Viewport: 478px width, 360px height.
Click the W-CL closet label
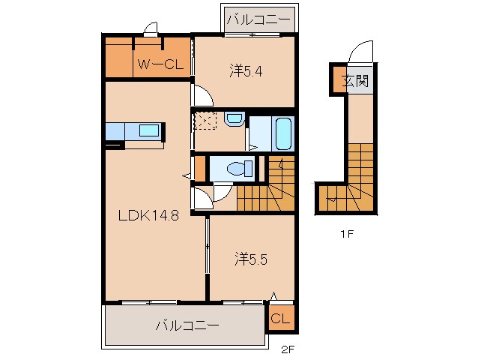click(159, 64)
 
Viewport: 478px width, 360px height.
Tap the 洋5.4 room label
click(245, 72)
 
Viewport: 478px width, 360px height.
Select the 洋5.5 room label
click(250, 259)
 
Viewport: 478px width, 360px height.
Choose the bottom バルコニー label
click(187, 326)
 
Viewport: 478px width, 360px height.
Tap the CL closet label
click(281, 319)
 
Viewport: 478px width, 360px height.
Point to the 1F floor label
click(345, 233)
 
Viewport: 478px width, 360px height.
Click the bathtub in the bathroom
click(283, 133)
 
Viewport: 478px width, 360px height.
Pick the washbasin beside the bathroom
click(234, 118)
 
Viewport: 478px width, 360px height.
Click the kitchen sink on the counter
click(149, 130)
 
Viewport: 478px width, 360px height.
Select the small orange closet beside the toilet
click(200, 169)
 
